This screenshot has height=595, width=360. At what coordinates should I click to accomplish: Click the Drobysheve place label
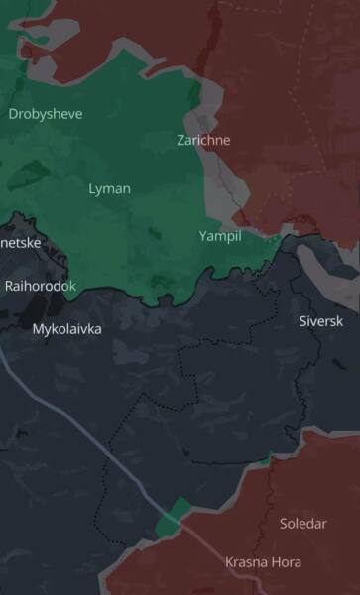tap(45, 114)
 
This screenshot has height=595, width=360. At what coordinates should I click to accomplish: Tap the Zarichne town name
tap(203, 140)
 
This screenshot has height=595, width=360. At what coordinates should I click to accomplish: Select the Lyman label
tap(109, 188)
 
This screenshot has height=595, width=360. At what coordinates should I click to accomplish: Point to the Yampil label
tap(219, 236)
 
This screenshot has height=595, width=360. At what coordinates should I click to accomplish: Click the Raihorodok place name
tap(40, 286)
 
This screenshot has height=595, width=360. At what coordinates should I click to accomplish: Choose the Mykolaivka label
tap(66, 328)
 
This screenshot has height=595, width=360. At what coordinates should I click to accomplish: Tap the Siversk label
tap(322, 321)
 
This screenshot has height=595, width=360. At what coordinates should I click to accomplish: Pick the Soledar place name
tap(302, 523)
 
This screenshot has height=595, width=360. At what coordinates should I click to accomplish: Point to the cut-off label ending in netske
tap(20, 242)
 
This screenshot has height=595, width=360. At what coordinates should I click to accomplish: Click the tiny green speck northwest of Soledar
tap(265, 461)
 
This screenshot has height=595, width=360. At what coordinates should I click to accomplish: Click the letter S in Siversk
tap(303, 321)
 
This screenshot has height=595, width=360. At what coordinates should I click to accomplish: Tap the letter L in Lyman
tap(92, 188)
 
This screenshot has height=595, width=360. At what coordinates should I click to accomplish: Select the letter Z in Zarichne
tap(181, 140)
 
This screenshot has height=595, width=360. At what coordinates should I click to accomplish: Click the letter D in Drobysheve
tap(13, 114)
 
